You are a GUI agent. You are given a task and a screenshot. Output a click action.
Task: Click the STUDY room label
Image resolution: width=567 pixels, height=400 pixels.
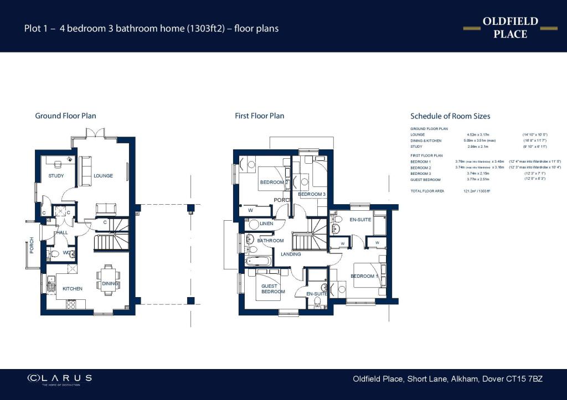click(56, 176)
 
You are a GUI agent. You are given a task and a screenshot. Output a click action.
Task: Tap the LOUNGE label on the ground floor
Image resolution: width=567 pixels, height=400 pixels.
click(103, 176)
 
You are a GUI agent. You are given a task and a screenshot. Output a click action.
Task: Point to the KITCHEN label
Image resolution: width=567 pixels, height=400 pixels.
click(72, 289)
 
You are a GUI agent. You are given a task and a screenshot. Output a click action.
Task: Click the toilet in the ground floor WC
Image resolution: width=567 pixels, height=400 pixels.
click(54, 254)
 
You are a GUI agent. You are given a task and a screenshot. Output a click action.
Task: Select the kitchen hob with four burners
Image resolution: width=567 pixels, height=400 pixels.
click(71, 304)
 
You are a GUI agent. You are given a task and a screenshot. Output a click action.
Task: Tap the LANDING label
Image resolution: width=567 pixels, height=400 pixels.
click(291, 254)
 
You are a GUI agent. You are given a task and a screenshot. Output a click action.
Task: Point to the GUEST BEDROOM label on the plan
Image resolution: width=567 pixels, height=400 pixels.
click(273, 289)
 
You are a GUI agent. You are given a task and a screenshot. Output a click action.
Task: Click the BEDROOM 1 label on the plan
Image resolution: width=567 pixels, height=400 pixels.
click(363, 276)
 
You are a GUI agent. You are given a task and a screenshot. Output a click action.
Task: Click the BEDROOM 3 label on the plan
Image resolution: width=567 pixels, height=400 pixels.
click(311, 194)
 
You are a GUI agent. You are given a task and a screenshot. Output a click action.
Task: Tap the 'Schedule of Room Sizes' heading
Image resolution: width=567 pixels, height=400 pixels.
click(450, 116)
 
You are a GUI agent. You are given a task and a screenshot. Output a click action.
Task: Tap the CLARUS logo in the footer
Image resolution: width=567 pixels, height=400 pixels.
click(60, 379)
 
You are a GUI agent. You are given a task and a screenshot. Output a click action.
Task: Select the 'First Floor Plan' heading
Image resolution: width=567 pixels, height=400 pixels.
click(260, 116)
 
